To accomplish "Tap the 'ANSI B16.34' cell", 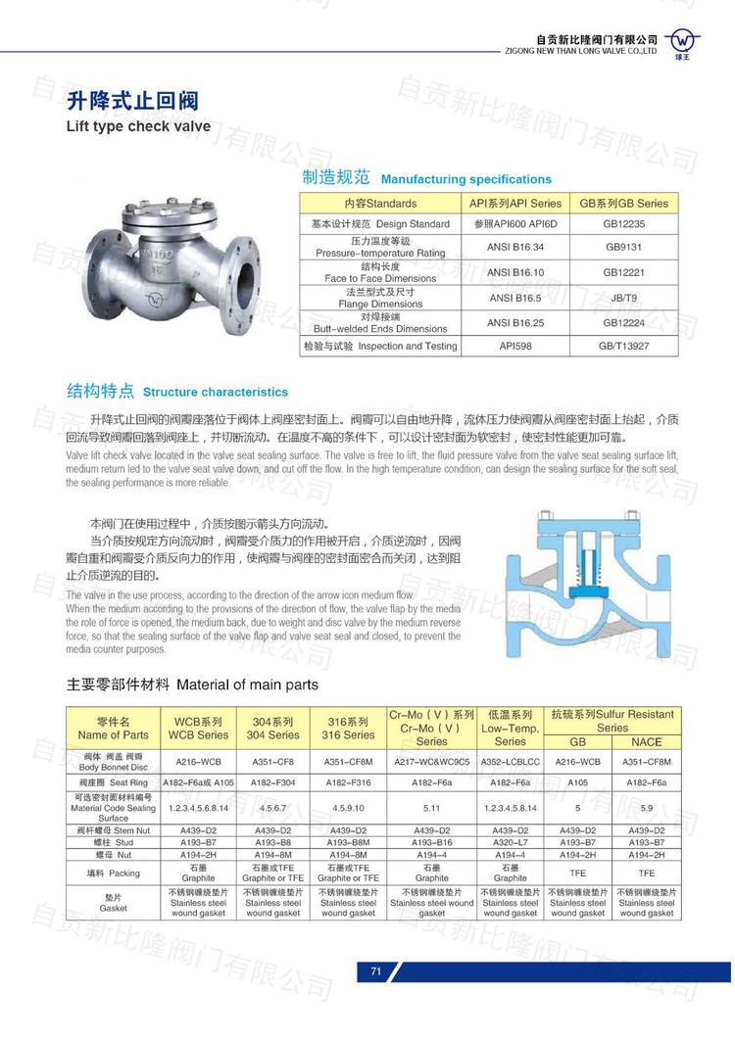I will [515, 247].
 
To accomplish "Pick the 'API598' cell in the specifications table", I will [514, 346].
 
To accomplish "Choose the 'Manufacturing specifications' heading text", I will [465, 179].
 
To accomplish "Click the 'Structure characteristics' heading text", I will [216, 392].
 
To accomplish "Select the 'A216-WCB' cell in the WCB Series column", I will [198, 761].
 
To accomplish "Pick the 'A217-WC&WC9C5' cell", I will [431, 761].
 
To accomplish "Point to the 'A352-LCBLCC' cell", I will [510, 761].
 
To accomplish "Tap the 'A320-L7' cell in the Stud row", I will [510, 841].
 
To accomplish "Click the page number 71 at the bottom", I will [375, 971].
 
